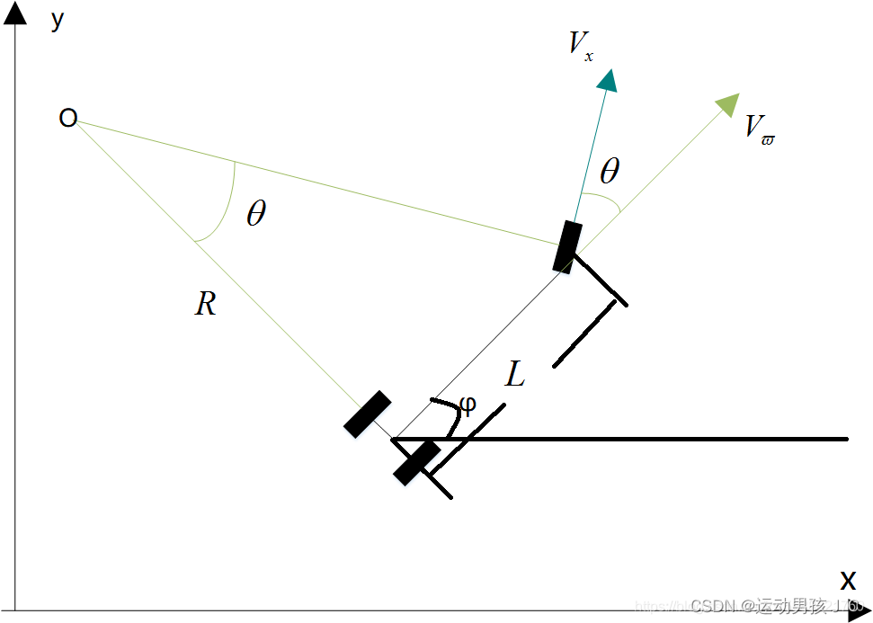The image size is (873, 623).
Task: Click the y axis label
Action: pyautogui.click(x=58, y=21)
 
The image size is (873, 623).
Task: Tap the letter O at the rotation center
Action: pyautogui.click(x=67, y=118)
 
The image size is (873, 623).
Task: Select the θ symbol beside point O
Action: pyautogui.click(x=256, y=214)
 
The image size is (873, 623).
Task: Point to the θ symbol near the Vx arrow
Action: pyautogui.click(x=610, y=171)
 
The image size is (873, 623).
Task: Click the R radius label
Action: pyautogui.click(x=205, y=305)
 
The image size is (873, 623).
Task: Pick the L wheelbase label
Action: pyautogui.click(x=514, y=374)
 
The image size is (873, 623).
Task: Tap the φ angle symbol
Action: pyautogui.click(x=468, y=404)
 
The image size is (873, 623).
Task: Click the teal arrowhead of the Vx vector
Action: pyautogui.click(x=609, y=80)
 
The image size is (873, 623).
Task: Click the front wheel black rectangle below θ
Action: pyautogui.click(x=566, y=245)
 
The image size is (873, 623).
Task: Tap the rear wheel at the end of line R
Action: pyautogui.click(x=368, y=414)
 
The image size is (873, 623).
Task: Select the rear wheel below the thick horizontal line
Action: pyautogui.click(x=416, y=462)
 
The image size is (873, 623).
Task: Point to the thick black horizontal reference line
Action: pyautogui.click(x=647, y=439)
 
